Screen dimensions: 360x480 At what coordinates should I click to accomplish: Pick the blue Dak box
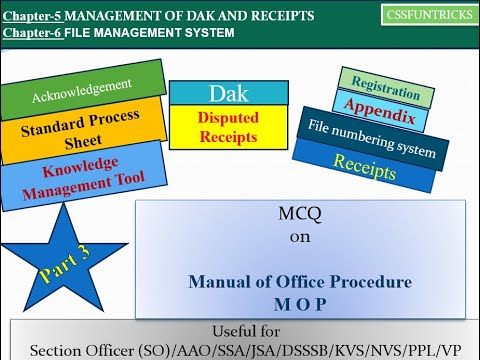(x=227, y=92)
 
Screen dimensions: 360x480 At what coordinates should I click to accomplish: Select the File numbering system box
(x=368, y=140)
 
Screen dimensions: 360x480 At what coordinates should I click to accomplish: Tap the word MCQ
(x=300, y=213)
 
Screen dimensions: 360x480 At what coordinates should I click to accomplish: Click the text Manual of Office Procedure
(x=299, y=282)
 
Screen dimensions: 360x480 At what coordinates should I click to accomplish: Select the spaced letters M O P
(x=299, y=301)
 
